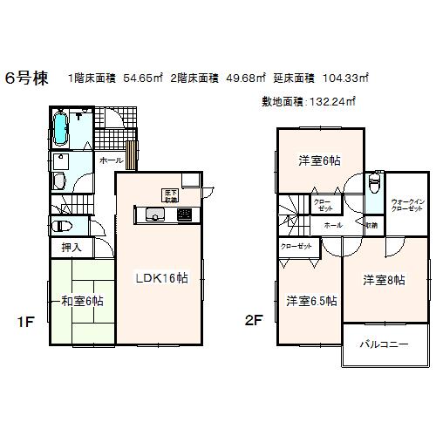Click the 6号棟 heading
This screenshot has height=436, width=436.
[x=27, y=78]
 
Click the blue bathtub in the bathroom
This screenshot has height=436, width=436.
[x=62, y=130]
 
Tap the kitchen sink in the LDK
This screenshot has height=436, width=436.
[x=154, y=215]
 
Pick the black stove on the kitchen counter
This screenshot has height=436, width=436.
[x=184, y=215]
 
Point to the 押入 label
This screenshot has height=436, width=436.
[x=72, y=248]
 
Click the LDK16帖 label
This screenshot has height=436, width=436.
[x=160, y=279]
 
